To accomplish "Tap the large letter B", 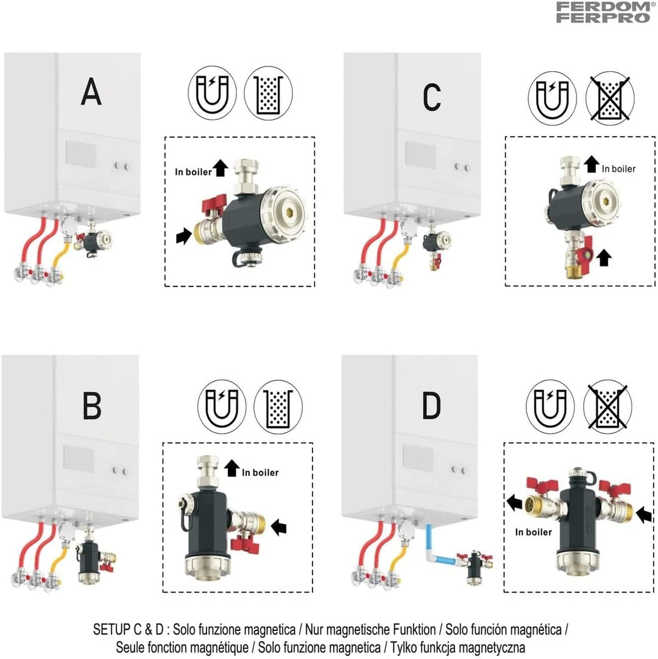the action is (x=92, y=406).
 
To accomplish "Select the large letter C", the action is (x=432, y=97).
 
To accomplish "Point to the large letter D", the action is (x=431, y=406).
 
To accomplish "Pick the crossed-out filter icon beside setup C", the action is (x=610, y=99).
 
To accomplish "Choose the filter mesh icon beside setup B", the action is (x=278, y=407).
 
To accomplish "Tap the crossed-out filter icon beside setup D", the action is (x=607, y=407).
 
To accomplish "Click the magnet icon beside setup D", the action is (x=550, y=407).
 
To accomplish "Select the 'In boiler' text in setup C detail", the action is (x=618, y=169).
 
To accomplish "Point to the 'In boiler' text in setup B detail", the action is (x=260, y=472).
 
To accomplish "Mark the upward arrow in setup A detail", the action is (x=220, y=168).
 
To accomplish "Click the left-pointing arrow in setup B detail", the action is (x=279, y=526).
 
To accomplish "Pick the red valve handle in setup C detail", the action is (x=587, y=249).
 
